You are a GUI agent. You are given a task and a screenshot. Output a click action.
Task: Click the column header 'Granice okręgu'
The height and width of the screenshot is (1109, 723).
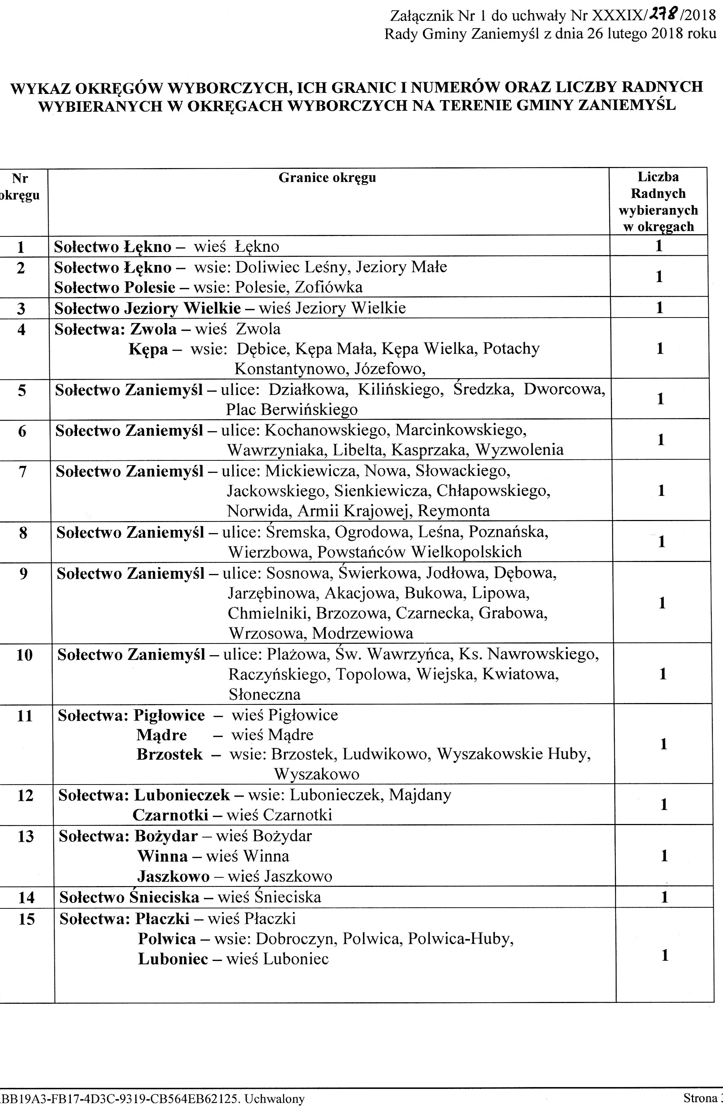327,178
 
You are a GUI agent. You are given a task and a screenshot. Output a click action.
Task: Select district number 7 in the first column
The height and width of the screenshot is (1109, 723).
22,472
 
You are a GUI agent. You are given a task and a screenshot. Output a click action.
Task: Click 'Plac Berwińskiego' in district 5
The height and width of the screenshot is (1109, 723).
292,410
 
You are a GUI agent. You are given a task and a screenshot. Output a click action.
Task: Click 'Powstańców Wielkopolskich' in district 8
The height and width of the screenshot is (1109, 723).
420,552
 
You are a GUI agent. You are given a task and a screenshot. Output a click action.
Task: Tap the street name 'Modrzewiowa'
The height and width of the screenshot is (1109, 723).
363,633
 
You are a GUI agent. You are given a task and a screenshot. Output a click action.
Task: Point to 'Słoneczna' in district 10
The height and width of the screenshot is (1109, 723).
264,695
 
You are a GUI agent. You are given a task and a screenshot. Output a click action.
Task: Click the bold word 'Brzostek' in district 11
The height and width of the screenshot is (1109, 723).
169,755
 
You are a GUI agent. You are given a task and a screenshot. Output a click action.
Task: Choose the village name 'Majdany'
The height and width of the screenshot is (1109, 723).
420,794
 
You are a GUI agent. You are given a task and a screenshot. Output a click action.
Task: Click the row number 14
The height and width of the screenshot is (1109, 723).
26,897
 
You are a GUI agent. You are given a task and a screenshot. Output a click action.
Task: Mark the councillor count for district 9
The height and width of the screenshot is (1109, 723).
662,603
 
